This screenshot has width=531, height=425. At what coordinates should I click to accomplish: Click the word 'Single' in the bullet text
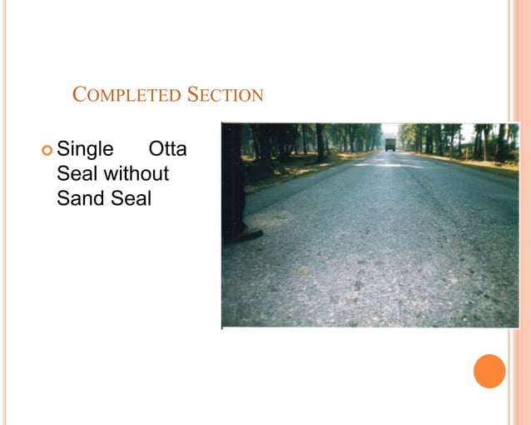(85, 150)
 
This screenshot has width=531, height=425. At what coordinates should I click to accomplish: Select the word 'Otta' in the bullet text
(167, 150)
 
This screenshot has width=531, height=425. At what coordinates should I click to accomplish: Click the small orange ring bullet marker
(46, 151)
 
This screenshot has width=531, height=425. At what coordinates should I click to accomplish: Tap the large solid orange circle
(489, 371)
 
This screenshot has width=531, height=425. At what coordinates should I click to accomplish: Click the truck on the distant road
(390, 145)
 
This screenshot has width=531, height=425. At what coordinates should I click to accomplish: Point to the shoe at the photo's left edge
(242, 234)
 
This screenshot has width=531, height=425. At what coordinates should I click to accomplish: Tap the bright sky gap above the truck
(390, 130)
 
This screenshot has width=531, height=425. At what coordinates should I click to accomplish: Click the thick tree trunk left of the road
(320, 142)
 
